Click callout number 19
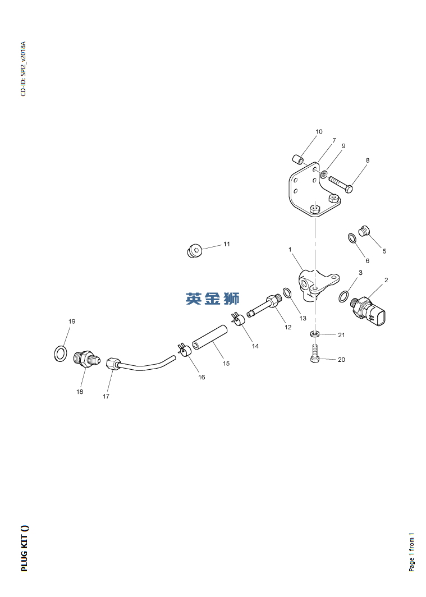(x=72, y=322)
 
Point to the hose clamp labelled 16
(x=184, y=351)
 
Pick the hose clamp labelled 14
(x=239, y=319)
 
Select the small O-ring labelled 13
(x=287, y=294)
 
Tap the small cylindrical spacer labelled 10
(x=297, y=159)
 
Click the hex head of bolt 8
(x=349, y=188)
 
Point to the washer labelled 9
(x=324, y=174)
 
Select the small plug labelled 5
(x=365, y=231)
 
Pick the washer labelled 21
(x=314, y=334)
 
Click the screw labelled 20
(x=314, y=353)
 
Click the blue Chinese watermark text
(x=212, y=298)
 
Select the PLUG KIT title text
(x=24, y=548)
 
